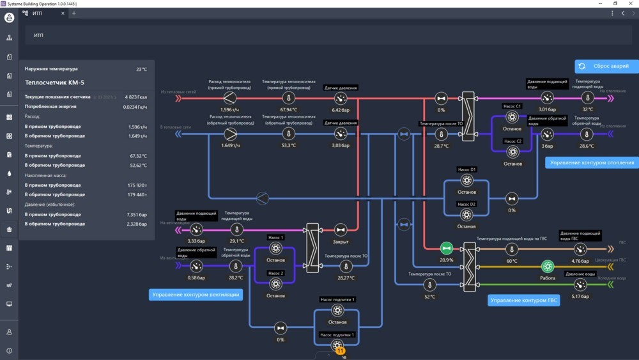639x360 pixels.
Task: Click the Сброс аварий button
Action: [606, 66]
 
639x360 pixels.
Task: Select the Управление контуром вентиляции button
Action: [196, 294]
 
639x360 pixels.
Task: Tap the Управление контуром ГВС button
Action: [523, 300]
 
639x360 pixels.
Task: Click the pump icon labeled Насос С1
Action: [512, 117]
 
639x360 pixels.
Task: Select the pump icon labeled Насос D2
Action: [466, 215]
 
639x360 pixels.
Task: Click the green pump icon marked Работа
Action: [548, 266]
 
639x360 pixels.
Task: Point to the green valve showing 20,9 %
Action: [446, 248]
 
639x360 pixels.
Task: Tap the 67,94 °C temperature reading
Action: [288, 110]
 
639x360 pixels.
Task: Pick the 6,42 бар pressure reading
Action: [341, 110]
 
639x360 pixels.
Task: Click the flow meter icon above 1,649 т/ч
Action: [230, 134]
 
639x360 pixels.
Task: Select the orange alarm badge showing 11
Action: [340, 351]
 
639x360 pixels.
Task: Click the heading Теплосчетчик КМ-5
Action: [54, 82]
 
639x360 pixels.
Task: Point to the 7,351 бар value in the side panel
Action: [137, 214]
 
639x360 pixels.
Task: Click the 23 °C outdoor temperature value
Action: [141, 69]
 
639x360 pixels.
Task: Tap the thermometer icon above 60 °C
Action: [512, 249]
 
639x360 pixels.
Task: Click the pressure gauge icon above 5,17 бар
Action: [580, 285]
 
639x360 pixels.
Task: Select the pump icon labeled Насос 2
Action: [275, 283]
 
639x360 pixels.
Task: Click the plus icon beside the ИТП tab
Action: [73, 13]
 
